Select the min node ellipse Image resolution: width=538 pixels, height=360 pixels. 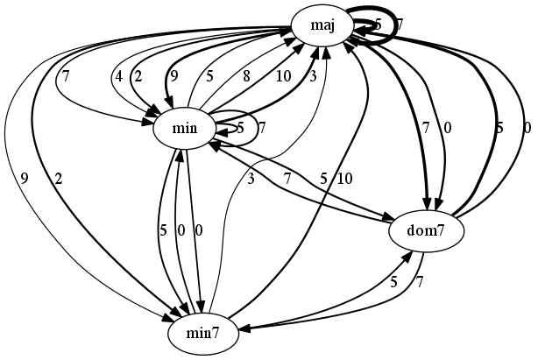(x=184, y=130)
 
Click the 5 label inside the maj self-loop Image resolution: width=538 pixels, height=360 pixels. (x=377, y=25)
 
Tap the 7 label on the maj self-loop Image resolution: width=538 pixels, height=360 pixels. (x=399, y=25)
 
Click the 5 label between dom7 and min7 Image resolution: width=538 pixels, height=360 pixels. (x=393, y=282)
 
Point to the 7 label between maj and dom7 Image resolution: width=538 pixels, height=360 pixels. (x=426, y=128)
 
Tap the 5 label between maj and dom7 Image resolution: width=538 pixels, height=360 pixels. (x=499, y=128)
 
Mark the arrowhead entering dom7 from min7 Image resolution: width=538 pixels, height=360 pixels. (x=410, y=255)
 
